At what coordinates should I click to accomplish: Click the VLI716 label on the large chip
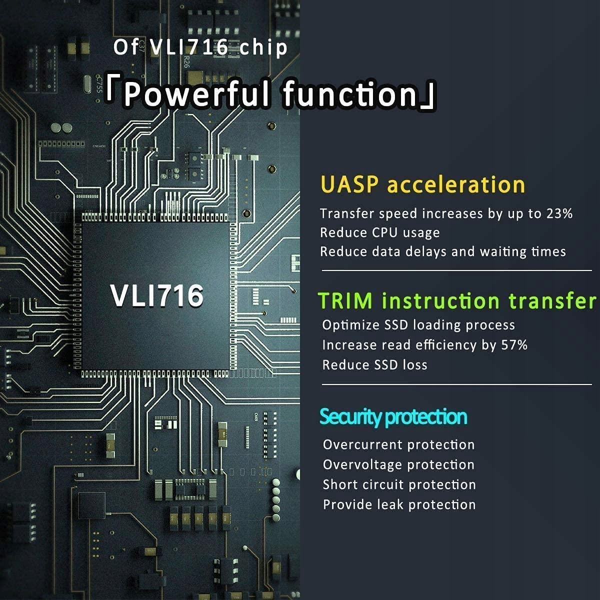coord(157,295)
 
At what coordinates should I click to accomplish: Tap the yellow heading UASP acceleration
coord(422,185)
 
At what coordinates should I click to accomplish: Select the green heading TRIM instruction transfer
coord(457,301)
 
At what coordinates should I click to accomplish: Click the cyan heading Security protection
coord(393,417)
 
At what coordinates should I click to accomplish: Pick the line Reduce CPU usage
coord(380,233)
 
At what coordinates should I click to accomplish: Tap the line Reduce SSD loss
coord(375,365)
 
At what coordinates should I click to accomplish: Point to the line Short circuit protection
coord(399,485)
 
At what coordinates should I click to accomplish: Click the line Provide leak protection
coord(399,504)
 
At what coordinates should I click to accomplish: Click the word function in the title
coord(350,93)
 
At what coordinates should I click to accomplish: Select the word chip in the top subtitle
coord(263,47)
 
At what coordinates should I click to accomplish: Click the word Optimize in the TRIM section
coord(350,325)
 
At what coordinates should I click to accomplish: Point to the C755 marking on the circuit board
coord(98,84)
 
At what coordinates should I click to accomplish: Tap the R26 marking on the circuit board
coord(186,61)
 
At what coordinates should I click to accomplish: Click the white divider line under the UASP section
coord(457,270)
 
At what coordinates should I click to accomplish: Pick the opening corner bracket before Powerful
coord(110,90)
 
